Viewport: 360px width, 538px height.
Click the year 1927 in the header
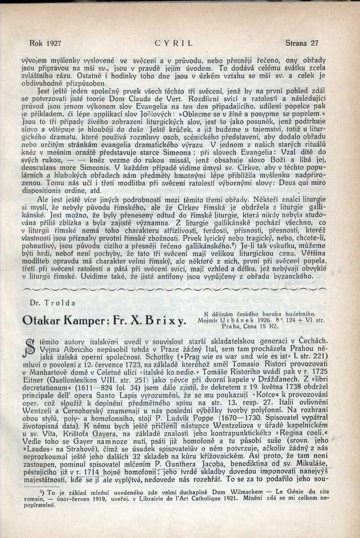54,44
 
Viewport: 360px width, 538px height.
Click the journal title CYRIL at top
173,44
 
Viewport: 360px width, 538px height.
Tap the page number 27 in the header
314,44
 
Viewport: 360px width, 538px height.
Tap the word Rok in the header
36,44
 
